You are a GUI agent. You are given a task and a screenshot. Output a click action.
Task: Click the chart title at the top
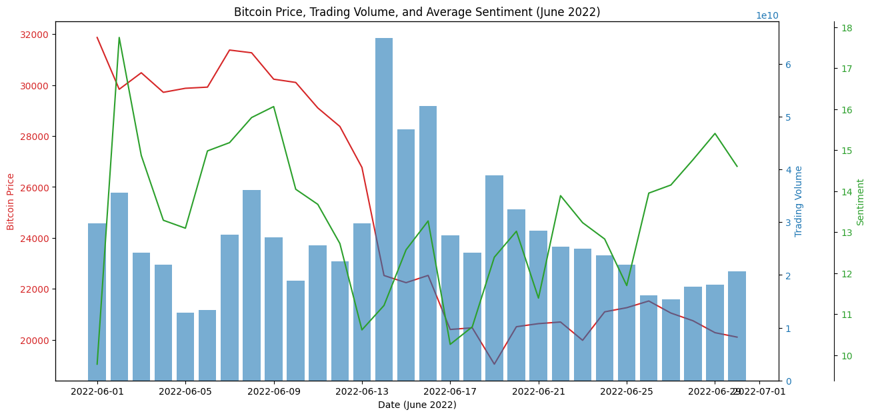coord(417,12)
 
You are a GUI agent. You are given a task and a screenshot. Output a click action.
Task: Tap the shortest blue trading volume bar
coord(185,347)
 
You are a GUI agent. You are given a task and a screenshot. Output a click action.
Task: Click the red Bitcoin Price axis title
coord(11,201)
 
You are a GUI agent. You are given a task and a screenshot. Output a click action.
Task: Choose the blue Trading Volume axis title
coord(799,201)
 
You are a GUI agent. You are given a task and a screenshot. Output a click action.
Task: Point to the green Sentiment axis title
coord(861,201)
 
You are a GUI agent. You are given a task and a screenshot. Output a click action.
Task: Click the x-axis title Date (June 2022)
coord(417,405)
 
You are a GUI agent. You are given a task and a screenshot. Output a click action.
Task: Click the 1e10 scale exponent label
coord(767,15)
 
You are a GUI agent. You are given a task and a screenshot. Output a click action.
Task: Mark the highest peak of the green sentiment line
coord(119,37)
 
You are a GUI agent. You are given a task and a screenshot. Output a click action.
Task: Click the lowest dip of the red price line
coord(494,364)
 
